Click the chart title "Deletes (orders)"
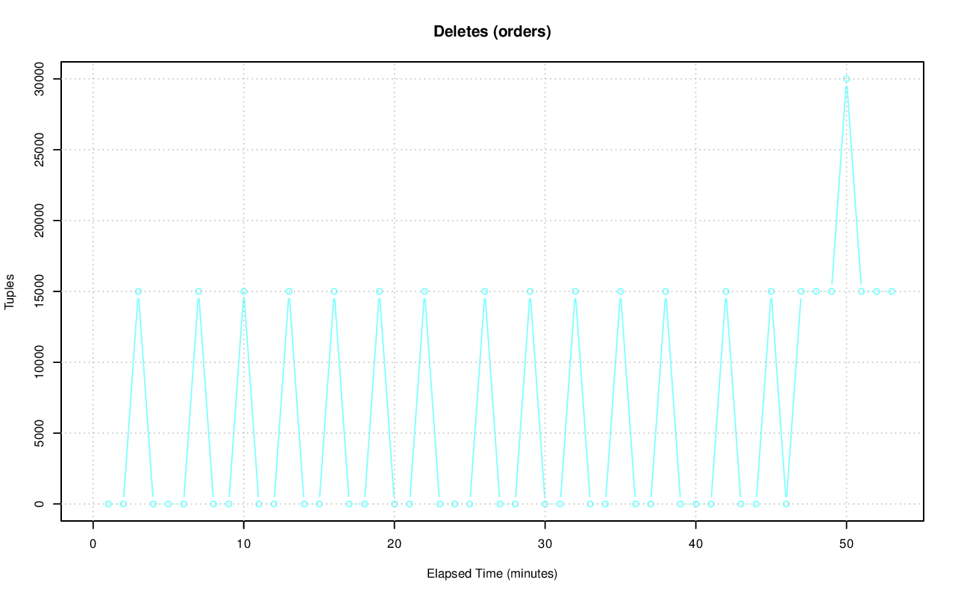coord(492,32)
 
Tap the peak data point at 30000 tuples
coord(846,79)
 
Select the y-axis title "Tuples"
coord(10,291)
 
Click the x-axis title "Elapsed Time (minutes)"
coord(492,574)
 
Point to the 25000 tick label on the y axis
coord(40,150)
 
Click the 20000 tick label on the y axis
coord(40,221)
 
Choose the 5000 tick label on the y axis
coord(40,433)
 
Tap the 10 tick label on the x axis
coord(243,543)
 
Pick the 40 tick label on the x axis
coord(695,543)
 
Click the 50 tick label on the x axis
coord(846,543)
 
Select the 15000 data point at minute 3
coord(138,291)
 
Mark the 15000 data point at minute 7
coord(198,291)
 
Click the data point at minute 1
coord(108,504)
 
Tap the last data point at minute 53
coord(892,291)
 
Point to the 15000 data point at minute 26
coord(485,291)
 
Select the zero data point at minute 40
coord(695,504)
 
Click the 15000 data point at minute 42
coord(726,291)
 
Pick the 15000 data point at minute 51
coord(861,291)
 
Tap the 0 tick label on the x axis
coord(93,543)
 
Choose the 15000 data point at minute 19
coord(379,291)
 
